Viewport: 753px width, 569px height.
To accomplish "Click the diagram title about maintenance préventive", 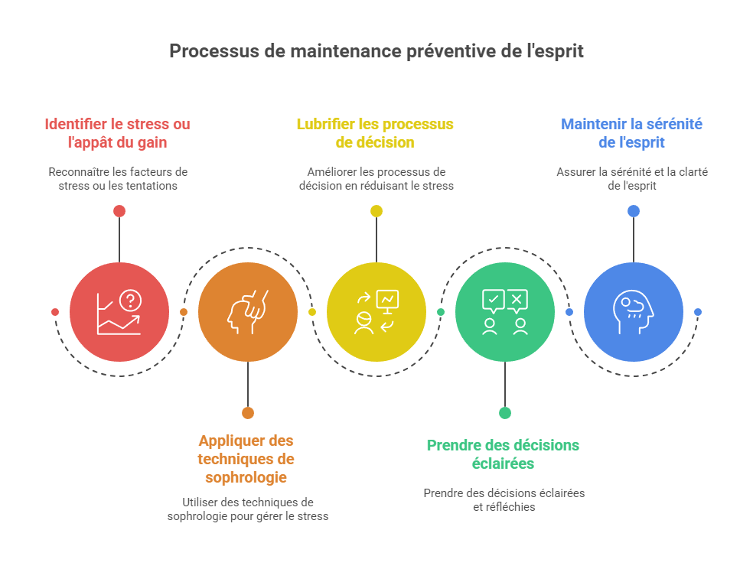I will (376, 51).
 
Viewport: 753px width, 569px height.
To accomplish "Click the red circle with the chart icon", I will (119, 312).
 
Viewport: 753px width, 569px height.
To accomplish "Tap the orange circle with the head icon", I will (247, 312).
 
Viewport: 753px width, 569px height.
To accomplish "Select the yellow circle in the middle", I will (376, 312).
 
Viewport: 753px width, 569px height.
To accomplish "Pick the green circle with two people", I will (504, 312).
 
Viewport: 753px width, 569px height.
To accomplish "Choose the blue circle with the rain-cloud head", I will (633, 312).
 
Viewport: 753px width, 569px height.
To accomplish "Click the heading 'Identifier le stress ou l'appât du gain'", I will (117, 133).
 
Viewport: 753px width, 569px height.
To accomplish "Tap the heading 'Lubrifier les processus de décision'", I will (375, 133).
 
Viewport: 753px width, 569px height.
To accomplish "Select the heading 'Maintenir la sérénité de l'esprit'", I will (632, 133).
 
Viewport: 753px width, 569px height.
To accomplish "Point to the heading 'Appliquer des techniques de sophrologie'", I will (246, 459).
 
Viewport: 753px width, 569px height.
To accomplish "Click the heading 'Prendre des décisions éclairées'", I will (503, 454).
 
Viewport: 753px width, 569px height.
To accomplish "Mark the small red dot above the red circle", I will (119, 211).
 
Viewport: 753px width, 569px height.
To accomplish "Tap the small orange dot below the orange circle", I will (247, 413).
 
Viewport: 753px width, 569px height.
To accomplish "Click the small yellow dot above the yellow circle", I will (376, 211).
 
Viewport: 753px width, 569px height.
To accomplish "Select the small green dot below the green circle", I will (504, 413).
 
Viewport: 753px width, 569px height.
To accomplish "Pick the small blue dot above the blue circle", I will (633, 211).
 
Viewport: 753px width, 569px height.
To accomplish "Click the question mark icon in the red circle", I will (131, 301).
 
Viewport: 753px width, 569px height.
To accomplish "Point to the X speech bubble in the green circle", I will (518, 300).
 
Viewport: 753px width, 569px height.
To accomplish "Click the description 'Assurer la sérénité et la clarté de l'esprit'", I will (632, 178).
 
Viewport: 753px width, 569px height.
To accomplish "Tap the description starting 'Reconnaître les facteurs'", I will (118, 178).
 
